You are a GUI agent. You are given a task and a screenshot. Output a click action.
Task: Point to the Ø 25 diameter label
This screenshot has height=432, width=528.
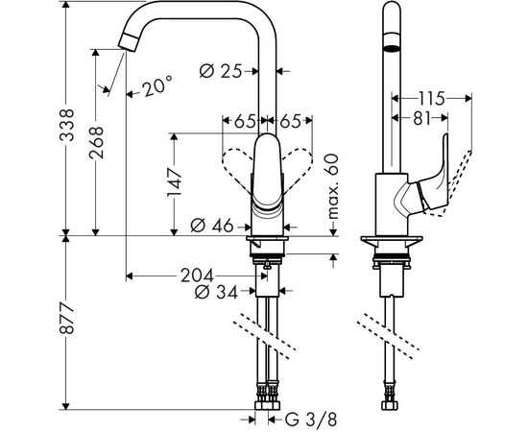224,70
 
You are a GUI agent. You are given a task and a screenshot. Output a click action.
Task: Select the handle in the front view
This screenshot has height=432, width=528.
267,173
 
